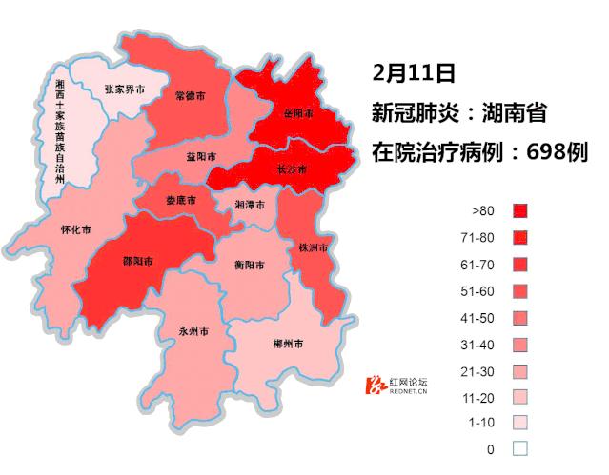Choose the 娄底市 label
click(x=180, y=201)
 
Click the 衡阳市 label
click(x=249, y=266)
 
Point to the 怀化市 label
click(x=75, y=229)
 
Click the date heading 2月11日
click(x=415, y=71)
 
